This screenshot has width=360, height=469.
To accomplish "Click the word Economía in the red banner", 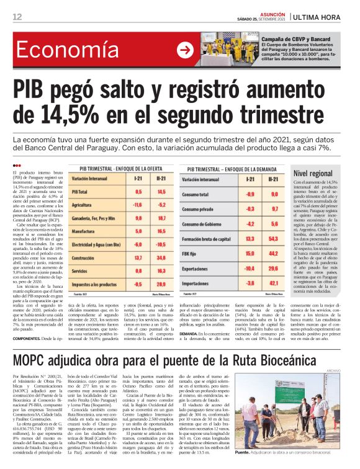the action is tap(65, 51).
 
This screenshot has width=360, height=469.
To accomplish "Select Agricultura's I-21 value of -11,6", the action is tap(138, 203).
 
